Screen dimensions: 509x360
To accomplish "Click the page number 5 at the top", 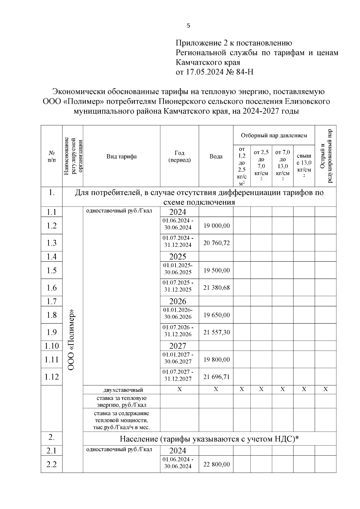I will (x=188, y=26).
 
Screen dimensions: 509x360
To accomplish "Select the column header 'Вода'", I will (x=216, y=156).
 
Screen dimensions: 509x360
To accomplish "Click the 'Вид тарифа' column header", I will (x=121, y=156).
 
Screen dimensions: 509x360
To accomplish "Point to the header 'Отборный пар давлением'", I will (x=274, y=135).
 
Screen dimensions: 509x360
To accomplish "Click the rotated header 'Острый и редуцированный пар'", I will (x=325, y=156).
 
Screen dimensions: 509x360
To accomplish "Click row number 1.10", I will (x=52, y=346).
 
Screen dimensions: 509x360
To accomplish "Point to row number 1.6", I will (x=52, y=288).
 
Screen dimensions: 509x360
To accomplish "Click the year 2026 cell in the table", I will (x=178, y=301).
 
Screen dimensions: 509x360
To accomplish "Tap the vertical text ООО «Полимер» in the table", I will (x=71, y=339).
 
